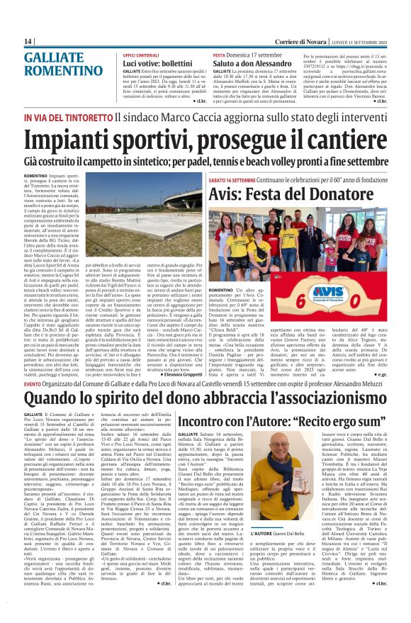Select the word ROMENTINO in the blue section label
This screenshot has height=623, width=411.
63,69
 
